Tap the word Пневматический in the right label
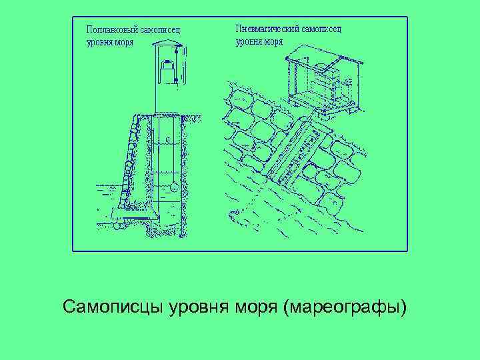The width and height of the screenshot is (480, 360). [267, 29]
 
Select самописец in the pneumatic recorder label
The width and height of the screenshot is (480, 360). [321, 29]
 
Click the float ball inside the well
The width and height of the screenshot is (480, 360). [173, 187]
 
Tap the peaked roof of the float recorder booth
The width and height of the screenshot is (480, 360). [167, 45]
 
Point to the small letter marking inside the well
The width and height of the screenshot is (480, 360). [167, 139]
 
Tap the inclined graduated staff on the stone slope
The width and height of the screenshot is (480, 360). [293, 153]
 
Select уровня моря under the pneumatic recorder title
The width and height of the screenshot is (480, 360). [259, 41]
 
